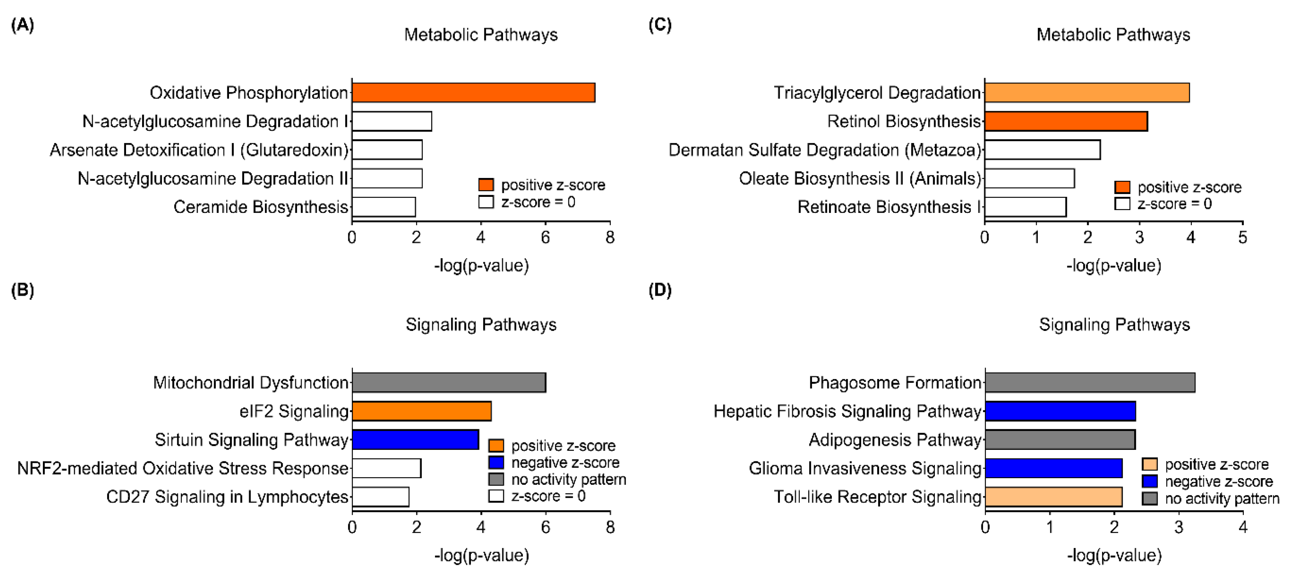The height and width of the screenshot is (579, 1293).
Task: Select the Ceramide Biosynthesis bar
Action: coord(384,207)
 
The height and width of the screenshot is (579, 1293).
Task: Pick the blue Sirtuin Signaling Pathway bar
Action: coord(415,439)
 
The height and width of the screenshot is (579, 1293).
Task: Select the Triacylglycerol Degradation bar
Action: coord(1087,93)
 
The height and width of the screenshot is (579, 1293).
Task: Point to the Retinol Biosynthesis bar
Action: coord(1066,121)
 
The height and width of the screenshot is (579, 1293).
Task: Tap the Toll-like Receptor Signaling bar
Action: coord(1053,497)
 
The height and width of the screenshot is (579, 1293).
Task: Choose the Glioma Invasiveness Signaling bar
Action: coord(1053,468)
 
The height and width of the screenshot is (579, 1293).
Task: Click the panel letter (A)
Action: coord(23,24)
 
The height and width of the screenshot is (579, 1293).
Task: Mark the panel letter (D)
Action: coord(659,290)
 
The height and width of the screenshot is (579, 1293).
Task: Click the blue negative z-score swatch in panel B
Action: coord(496,462)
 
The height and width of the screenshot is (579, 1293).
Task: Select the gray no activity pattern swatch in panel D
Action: coord(1150,498)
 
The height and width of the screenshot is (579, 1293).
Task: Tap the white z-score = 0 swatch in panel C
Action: coord(1122,204)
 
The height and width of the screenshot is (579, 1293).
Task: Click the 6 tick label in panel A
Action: coord(545,237)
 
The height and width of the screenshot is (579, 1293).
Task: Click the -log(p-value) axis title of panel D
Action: coord(1114,555)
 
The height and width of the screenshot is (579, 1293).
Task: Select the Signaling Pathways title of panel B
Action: coord(481,325)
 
